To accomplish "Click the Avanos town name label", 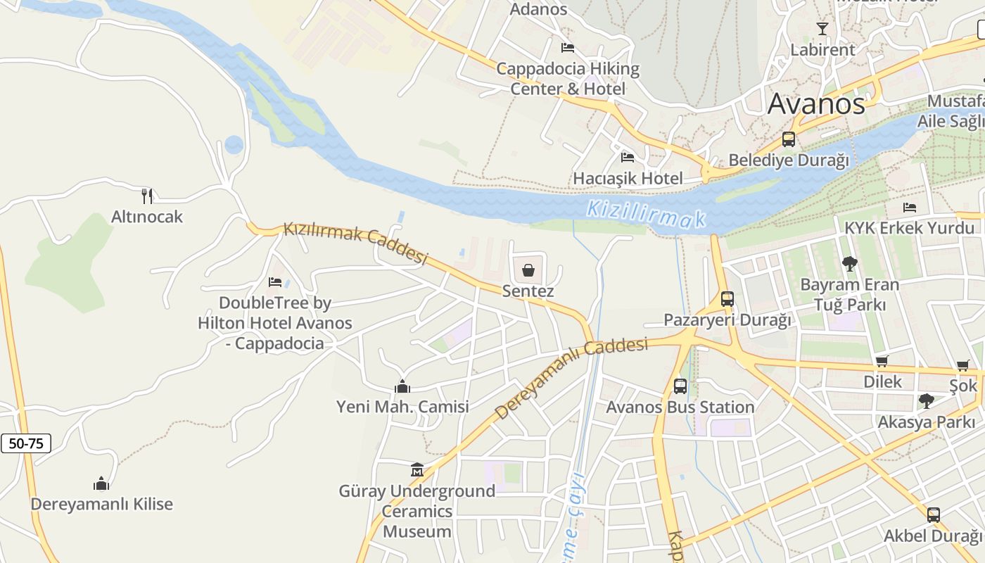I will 816,104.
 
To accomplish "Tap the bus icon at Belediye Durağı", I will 789,139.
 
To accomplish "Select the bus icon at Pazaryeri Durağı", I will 727,299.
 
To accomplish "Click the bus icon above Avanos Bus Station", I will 680,386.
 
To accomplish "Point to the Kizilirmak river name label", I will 646,214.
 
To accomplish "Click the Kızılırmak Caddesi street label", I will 355,243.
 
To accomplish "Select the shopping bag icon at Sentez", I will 528,270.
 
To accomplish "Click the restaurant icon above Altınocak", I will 147,196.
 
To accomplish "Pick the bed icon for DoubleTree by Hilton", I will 275,282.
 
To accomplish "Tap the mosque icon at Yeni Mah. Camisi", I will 402,386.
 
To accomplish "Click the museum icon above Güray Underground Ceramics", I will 417,469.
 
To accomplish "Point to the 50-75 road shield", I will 26,443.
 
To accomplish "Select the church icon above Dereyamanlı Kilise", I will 101,483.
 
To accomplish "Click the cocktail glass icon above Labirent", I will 822,29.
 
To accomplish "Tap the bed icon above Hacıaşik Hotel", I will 628,157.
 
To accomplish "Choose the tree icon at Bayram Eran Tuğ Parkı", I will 850,264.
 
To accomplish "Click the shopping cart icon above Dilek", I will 882,361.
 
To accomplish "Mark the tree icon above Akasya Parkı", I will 927,401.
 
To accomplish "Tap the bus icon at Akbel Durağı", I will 933,514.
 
